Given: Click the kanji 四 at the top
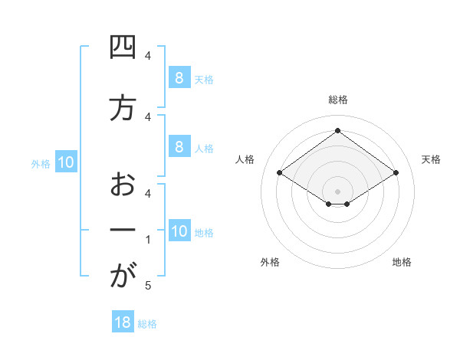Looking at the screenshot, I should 122,48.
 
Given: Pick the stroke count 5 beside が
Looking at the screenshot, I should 148,286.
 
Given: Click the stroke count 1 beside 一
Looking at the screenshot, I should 148,239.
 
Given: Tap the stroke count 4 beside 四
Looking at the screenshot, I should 148,56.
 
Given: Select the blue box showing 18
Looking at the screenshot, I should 123,322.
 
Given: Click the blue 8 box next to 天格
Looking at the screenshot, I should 179,77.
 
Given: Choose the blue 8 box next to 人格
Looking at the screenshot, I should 179,147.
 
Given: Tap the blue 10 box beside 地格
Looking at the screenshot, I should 179,231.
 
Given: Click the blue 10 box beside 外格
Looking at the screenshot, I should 66,162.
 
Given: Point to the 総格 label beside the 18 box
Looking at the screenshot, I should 147,324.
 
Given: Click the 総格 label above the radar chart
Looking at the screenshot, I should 337,100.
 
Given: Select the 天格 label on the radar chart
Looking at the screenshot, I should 431,159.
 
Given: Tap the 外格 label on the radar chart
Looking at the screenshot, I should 270,262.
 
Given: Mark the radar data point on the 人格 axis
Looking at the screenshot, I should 280,173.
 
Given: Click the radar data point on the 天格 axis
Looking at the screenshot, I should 396,173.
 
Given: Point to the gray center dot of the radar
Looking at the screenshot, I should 337,191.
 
